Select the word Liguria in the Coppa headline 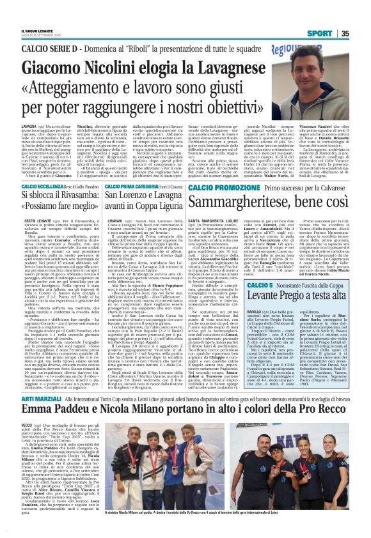(x=152, y=210)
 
